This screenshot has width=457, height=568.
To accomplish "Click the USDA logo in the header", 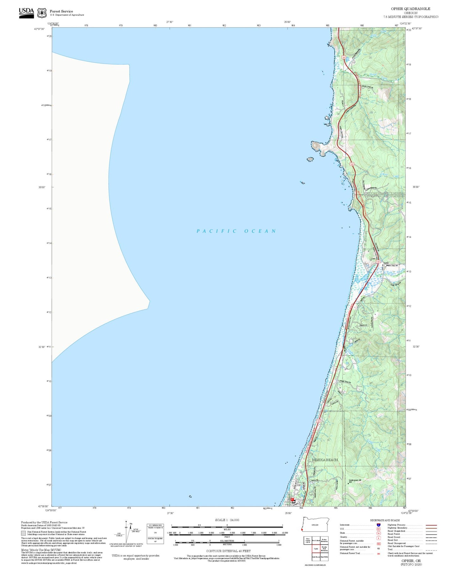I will [x=26, y=13].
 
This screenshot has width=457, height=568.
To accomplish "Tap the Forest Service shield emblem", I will [x=42, y=13].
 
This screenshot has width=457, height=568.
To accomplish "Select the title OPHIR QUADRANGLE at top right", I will [x=410, y=9].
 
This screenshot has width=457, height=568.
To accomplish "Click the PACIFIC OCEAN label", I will [x=236, y=231].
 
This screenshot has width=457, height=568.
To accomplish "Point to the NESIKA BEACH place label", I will [x=324, y=459].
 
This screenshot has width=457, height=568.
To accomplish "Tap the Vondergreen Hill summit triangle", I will [x=349, y=483].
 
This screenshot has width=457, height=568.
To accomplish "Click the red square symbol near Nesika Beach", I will [x=292, y=499].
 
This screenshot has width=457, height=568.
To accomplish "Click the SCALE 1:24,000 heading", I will [x=227, y=520].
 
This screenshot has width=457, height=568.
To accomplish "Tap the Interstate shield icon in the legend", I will [x=378, y=525].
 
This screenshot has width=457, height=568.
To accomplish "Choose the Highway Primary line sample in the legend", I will [x=431, y=525].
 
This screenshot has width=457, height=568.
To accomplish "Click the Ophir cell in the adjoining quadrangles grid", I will [x=316, y=549].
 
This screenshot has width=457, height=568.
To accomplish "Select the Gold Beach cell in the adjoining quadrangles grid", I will [x=316, y=557].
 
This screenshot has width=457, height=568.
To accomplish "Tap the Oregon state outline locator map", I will [x=315, y=525].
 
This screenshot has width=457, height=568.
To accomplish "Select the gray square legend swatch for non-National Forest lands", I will [x=23, y=533].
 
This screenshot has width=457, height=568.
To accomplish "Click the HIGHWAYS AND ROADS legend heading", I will [x=385, y=520].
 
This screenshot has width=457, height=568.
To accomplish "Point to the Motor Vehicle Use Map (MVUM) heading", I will [x=41, y=550].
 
